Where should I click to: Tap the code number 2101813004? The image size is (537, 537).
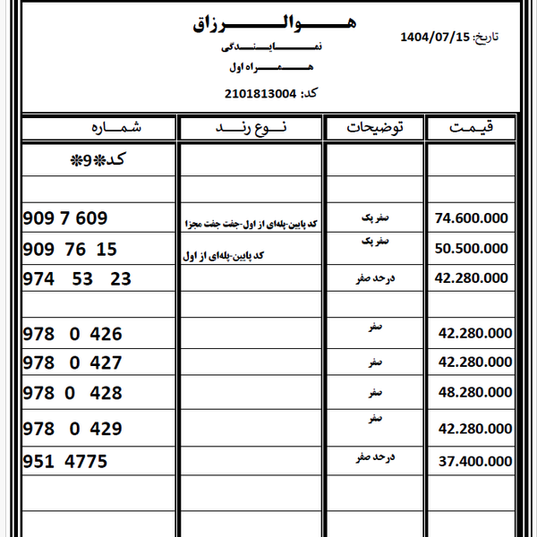point(260,93)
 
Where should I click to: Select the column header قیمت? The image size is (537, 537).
point(472,128)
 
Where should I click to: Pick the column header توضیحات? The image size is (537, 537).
point(375,128)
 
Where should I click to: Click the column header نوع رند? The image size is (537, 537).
point(251,128)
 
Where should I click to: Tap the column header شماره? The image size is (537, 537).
point(98,128)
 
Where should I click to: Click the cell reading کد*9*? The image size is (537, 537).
point(99,161)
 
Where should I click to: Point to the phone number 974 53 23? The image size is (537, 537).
point(76,279)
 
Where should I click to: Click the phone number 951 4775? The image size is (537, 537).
point(64,462)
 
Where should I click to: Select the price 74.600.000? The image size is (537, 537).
point(471,218)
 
